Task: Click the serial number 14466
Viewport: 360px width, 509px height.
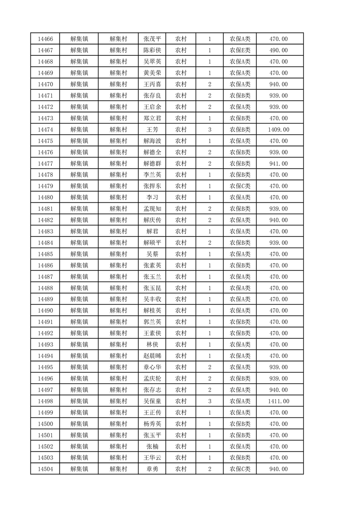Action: pos(45,39)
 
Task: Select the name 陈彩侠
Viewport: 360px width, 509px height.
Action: pos(152,50)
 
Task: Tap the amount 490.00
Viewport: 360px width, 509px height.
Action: pos(278,50)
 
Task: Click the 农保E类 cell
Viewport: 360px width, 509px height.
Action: pos(240,50)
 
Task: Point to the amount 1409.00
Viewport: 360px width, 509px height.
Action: pos(278,130)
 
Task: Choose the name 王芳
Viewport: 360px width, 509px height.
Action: pos(152,130)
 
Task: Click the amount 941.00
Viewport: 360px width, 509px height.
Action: pos(278,163)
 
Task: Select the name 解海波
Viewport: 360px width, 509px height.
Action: pos(152,141)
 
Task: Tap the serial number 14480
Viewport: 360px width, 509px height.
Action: pos(45,197)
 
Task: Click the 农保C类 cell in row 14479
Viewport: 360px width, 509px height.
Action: pos(240,186)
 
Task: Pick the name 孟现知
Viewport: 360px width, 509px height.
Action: pos(152,209)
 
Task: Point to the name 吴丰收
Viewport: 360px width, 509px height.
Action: pos(152,299)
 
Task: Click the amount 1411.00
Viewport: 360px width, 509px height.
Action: pos(278,401)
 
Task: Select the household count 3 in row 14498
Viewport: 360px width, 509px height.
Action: pos(209,401)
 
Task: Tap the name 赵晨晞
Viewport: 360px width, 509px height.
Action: pos(152,356)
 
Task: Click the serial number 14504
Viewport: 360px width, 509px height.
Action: pos(45,469)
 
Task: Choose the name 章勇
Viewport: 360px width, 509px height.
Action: pos(152,469)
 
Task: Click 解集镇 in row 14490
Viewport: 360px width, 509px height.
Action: pos(79,311)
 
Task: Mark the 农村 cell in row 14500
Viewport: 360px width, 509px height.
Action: pos(181,424)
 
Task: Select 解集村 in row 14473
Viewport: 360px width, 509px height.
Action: pos(118,118)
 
